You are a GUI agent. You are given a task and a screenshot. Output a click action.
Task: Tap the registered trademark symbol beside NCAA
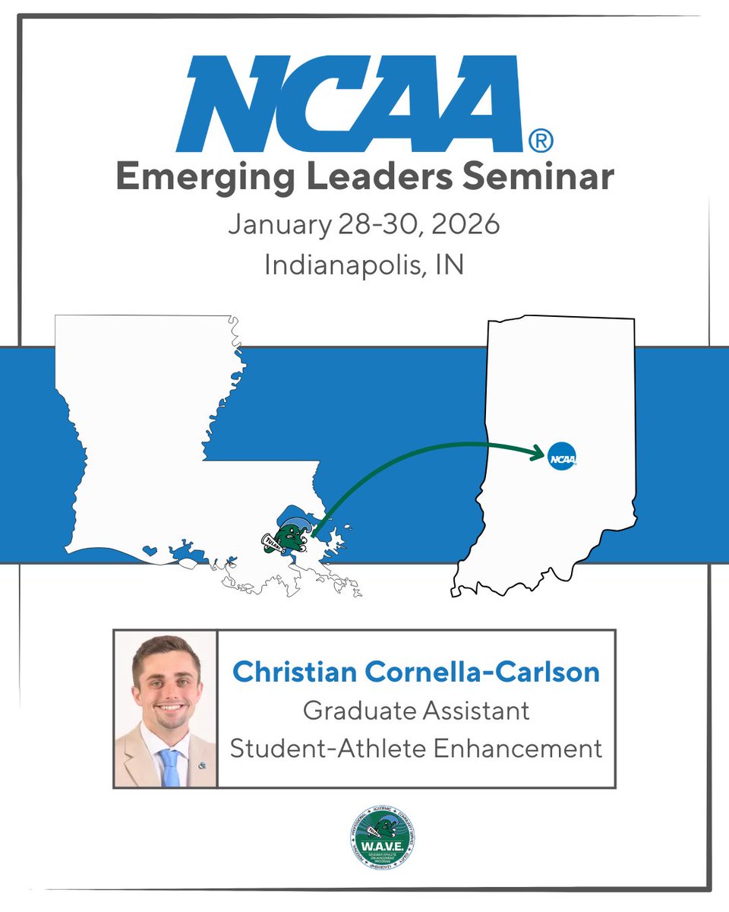pyautogui.click(x=540, y=140)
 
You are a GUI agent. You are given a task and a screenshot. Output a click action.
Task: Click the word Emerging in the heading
pyautogui.click(x=194, y=178)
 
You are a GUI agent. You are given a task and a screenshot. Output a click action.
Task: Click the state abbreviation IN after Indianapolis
pyautogui.click(x=450, y=265)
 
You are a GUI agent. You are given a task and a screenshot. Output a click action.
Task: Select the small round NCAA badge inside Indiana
pyautogui.click(x=562, y=457)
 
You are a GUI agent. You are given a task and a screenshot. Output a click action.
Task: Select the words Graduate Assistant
pyautogui.click(x=416, y=711)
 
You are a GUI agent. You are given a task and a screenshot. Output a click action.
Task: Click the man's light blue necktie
pyautogui.click(x=171, y=767)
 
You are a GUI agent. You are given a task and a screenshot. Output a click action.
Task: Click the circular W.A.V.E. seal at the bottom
pyautogui.click(x=383, y=836)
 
